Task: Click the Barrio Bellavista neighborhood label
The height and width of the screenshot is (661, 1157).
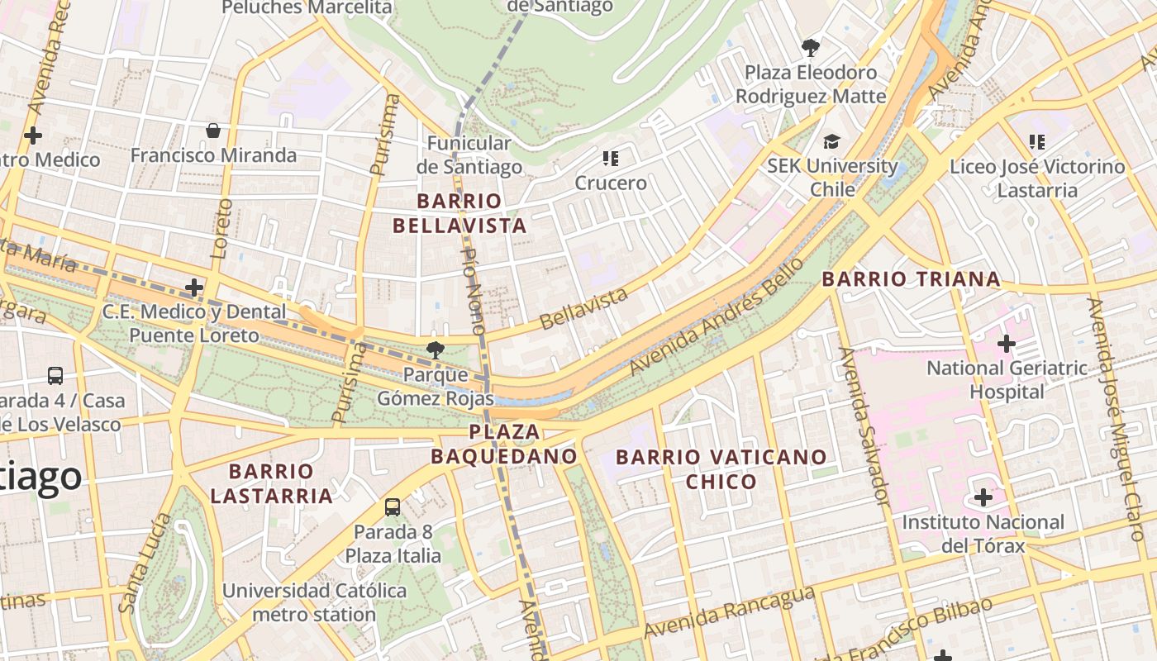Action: pyautogui.click(x=459, y=213)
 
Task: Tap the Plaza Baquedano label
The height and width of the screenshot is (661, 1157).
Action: pyautogui.click(x=504, y=444)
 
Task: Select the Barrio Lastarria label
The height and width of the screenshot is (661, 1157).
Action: pyautogui.click(x=271, y=483)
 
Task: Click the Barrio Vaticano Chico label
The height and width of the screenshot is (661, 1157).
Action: pyautogui.click(x=721, y=468)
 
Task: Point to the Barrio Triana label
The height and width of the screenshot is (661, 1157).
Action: pyautogui.click(x=911, y=279)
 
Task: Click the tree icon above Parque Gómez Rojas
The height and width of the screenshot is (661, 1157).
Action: pyautogui.click(x=435, y=350)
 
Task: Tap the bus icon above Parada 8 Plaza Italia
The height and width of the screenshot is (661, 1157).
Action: pyautogui.click(x=393, y=506)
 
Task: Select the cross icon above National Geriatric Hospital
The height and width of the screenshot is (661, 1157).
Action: pyautogui.click(x=1006, y=343)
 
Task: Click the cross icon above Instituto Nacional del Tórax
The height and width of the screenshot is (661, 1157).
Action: pyautogui.click(x=983, y=497)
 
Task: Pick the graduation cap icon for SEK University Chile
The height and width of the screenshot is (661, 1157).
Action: pyautogui.click(x=831, y=142)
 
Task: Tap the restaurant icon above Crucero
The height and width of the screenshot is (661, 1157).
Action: pyautogui.click(x=611, y=158)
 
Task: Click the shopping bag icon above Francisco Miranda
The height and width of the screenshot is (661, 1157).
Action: pyautogui.click(x=213, y=131)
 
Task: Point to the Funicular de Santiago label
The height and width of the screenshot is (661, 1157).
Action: pyautogui.click(x=469, y=155)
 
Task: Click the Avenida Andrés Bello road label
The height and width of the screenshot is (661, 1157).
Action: pyautogui.click(x=716, y=317)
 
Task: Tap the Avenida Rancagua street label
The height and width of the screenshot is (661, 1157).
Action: pyautogui.click(x=729, y=612)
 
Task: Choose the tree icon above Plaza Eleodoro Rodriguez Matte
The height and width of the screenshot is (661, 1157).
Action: pyautogui.click(x=811, y=47)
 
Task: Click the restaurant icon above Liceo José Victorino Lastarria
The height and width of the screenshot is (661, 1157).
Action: pyautogui.click(x=1037, y=141)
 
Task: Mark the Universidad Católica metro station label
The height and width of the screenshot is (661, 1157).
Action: pyautogui.click(x=314, y=602)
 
